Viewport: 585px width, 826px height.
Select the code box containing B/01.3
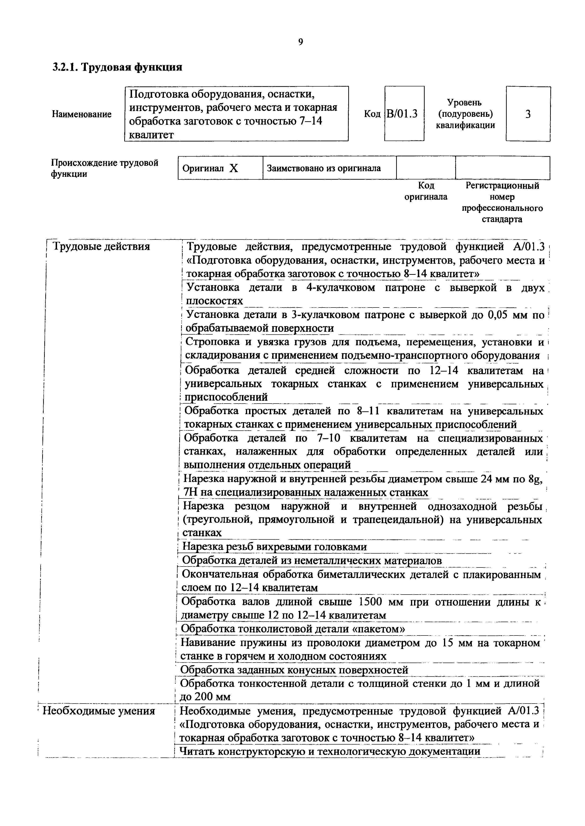[x=404, y=114]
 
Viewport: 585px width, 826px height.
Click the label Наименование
[x=82, y=114]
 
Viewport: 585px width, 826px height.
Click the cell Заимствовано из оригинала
[x=324, y=168]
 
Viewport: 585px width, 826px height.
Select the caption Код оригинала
[x=426, y=191]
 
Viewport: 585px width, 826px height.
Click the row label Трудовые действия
[x=101, y=247]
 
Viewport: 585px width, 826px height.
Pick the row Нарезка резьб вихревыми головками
[x=274, y=547]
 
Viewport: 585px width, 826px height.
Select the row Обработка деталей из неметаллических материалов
[x=312, y=560]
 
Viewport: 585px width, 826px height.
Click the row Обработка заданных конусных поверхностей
[x=294, y=670]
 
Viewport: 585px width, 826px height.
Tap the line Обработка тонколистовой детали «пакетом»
[x=292, y=629]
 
